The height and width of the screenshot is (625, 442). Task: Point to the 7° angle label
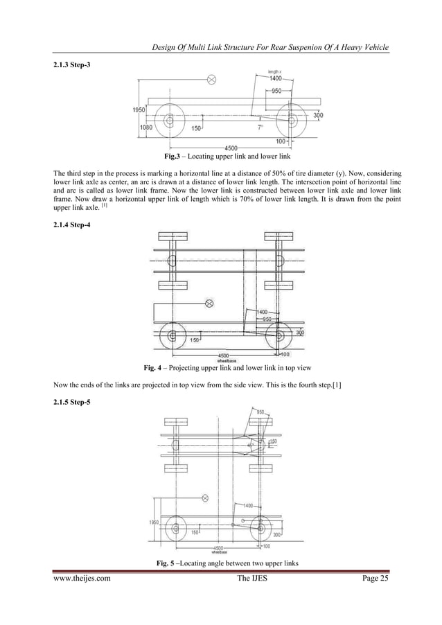pyautogui.click(x=260, y=128)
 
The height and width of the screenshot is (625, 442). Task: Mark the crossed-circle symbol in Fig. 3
pyautogui.click(x=212, y=80)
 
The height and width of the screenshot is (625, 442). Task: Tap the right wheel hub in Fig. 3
pyautogui.click(x=292, y=121)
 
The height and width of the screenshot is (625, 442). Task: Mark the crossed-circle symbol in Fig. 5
pyautogui.click(x=204, y=498)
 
